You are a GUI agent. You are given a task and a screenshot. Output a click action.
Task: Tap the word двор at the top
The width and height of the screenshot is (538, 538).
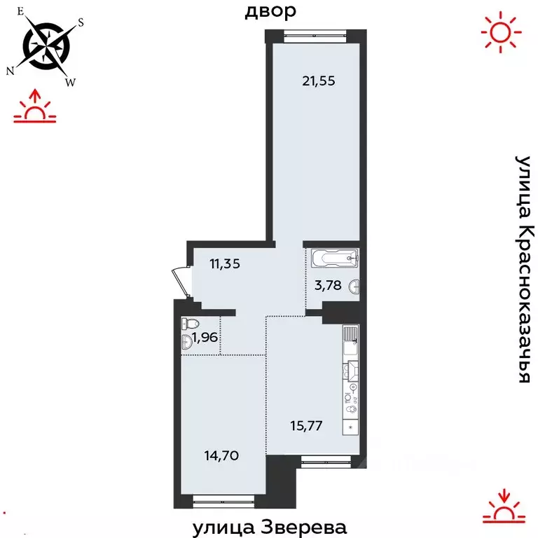[x=270, y=11]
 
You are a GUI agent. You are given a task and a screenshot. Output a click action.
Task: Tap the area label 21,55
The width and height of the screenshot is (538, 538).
[x=319, y=81]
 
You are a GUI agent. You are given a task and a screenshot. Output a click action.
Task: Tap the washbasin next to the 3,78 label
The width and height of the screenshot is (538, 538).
[x=356, y=285]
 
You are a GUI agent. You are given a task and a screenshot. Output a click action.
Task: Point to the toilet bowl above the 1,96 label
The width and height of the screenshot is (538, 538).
[x=188, y=324]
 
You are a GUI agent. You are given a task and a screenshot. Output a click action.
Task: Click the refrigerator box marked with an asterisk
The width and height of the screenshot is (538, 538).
[x=350, y=426]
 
